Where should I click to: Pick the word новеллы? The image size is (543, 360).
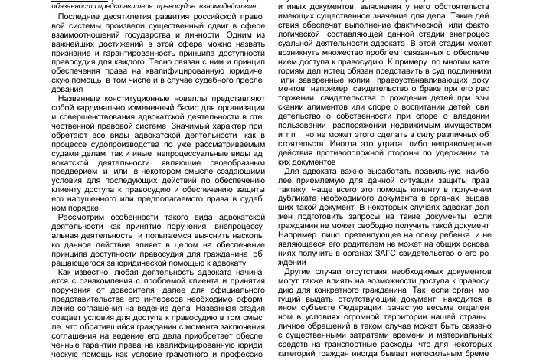coord(198,100)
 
